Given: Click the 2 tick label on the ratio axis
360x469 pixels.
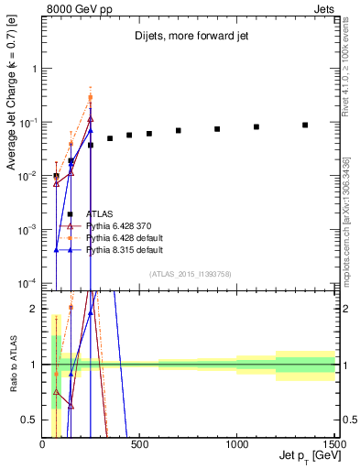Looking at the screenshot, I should (x=33, y=310).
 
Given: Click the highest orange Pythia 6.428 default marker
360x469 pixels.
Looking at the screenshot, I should (x=91, y=97).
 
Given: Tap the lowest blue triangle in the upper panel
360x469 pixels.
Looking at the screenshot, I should (x=57, y=249).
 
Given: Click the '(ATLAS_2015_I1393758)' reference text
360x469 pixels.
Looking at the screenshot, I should (x=190, y=273).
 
